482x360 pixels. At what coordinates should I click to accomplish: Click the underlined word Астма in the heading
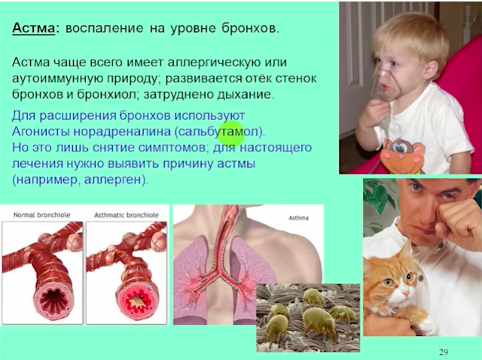tap(33, 29)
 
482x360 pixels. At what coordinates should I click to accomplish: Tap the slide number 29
tap(444, 352)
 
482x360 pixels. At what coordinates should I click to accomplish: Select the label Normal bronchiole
tap(42, 215)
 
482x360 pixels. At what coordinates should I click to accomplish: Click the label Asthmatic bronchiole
tap(127, 215)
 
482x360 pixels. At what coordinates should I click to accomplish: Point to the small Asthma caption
tap(298, 218)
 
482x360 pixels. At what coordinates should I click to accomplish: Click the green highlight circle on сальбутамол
tap(232, 133)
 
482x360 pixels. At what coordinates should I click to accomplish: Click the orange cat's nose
tap(406, 293)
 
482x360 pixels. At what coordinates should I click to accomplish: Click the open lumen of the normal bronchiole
tap(53, 299)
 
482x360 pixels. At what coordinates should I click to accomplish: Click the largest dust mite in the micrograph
tap(319, 322)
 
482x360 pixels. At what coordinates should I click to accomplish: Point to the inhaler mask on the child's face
tap(385, 86)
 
